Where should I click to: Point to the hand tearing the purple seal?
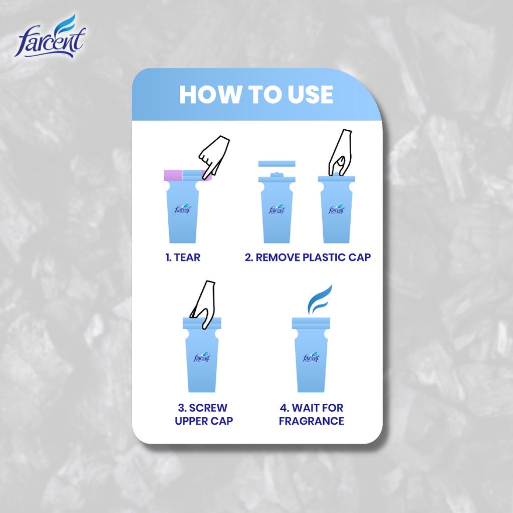214,152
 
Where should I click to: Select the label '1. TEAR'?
183,258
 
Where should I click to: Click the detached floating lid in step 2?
277,164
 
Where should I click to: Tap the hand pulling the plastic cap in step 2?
340,152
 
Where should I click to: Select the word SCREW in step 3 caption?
208,408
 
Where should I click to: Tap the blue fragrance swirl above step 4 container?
319,300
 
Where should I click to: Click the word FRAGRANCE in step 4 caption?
311,421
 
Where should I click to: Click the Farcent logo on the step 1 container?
183,209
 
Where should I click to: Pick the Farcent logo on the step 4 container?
311,357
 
